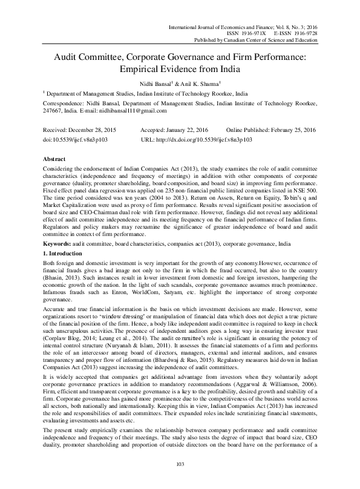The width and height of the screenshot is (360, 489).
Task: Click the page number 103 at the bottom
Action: [x=180, y=480]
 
